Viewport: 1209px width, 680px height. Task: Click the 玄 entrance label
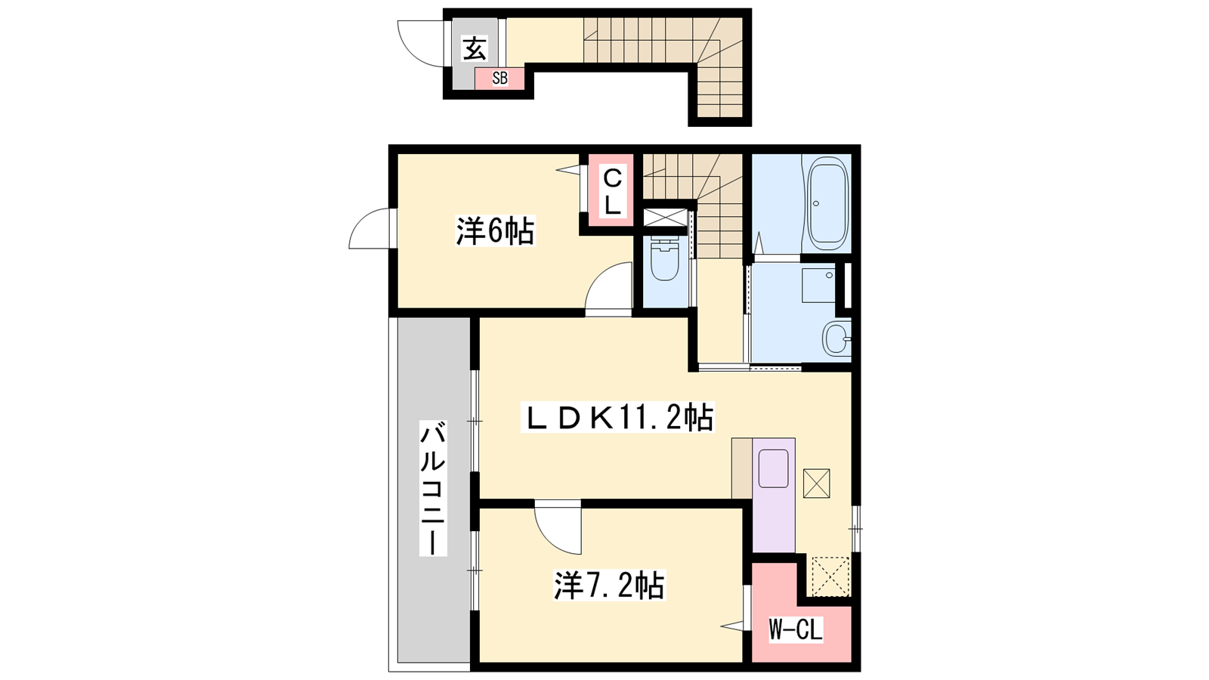475,48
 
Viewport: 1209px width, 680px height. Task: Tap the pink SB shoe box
499,79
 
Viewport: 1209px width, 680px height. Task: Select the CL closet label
612,192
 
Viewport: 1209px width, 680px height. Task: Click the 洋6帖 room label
496,231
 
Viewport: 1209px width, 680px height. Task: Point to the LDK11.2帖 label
617,416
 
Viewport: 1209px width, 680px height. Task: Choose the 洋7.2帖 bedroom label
609,585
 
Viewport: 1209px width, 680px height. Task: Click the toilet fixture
665,258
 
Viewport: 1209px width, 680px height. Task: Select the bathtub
826,202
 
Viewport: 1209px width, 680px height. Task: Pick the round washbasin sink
836,338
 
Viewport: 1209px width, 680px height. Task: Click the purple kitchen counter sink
774,468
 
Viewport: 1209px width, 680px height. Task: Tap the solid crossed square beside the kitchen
817,483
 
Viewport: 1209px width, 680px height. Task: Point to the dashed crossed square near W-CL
830,576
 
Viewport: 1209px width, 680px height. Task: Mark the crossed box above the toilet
666,218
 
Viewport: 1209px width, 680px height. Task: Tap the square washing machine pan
818,285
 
